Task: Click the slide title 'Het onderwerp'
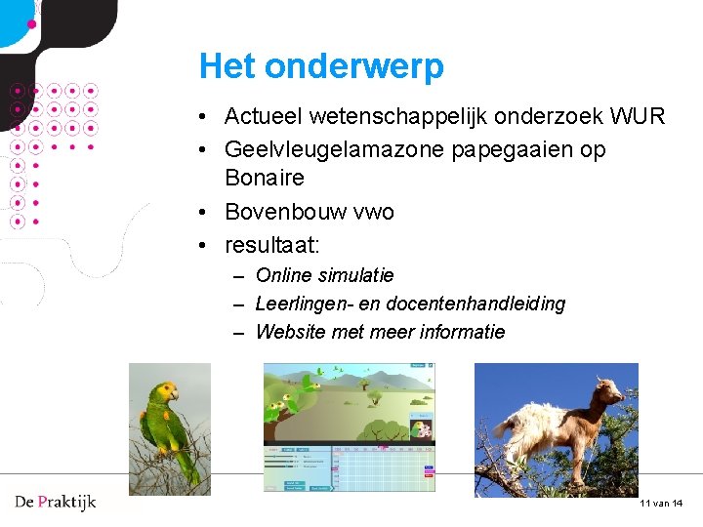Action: coord(321,66)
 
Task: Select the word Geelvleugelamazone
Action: coord(332,150)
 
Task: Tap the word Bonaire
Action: coord(264,178)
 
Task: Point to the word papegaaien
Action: coord(502,150)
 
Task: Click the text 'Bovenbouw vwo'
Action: coord(309,212)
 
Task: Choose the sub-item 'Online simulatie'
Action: coord(324,276)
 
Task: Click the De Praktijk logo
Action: coord(56,503)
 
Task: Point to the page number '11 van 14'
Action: coord(661,503)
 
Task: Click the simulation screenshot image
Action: coord(349,426)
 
